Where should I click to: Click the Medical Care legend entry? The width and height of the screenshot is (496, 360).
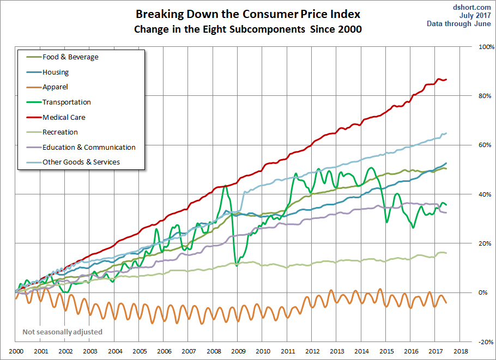pyautogui.click(x=64, y=117)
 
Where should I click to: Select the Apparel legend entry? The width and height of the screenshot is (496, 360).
pyautogui.click(x=55, y=87)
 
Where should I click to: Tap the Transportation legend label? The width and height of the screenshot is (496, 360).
pyautogui.click(x=66, y=102)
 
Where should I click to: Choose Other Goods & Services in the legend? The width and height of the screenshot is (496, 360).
pyautogui.click(x=81, y=162)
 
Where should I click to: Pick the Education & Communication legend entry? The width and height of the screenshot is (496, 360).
pyautogui.click(x=89, y=147)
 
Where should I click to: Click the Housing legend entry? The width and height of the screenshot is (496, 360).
pyautogui.click(x=56, y=72)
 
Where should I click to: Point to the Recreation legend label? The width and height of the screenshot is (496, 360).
pyautogui.click(x=60, y=132)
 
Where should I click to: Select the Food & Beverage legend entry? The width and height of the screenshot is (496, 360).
pyautogui.click(x=70, y=57)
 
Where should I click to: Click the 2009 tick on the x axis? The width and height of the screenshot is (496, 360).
pyautogui.click(x=238, y=352)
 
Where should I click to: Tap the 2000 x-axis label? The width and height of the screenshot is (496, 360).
pyautogui.click(x=16, y=352)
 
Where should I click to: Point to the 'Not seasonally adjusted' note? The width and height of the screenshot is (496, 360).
pyautogui.click(x=62, y=332)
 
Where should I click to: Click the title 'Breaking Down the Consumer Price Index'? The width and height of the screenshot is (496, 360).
pyautogui.click(x=248, y=14)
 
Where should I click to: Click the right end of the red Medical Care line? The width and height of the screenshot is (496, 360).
pyautogui.click(x=446, y=80)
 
